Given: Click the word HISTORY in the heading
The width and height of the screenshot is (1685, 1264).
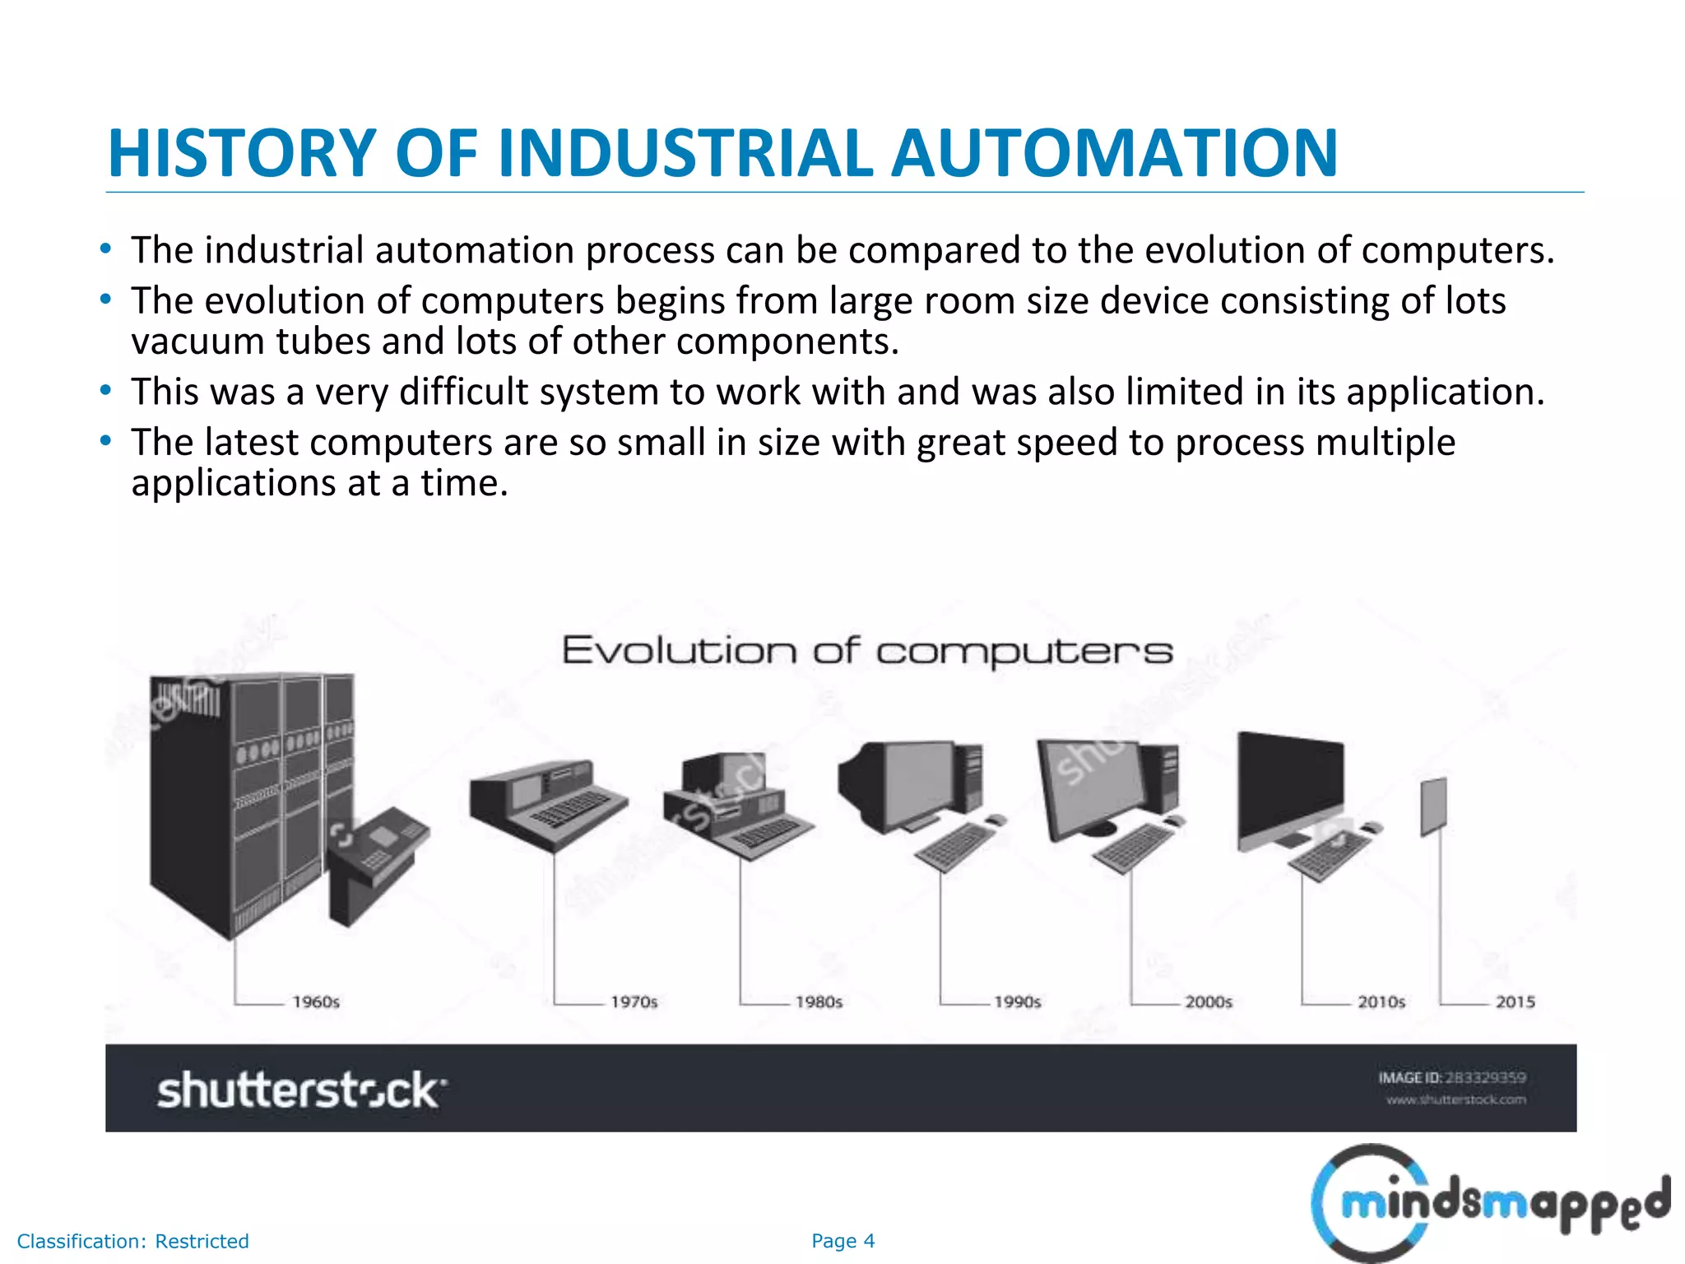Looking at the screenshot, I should click(242, 154).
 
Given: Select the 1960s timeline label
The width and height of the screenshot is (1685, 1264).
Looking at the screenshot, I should click(316, 1001).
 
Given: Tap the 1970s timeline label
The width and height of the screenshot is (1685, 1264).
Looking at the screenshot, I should click(634, 1001).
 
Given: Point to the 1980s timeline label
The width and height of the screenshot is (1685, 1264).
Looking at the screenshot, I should click(819, 1001).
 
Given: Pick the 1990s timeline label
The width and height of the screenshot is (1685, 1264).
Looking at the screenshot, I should click(1017, 1001).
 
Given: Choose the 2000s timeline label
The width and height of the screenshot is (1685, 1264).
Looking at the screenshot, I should click(1208, 1001).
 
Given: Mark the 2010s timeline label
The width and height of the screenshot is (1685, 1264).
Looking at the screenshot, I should click(1381, 1001).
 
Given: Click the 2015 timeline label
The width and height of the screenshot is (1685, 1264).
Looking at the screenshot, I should click(1515, 1001).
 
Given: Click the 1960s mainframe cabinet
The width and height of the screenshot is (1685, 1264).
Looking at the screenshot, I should click(247, 798).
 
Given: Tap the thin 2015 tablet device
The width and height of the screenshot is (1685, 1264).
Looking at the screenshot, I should click(1433, 806).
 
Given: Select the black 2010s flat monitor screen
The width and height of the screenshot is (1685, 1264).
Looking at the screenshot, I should click(1289, 786).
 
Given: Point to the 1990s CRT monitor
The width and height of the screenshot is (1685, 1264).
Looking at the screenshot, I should click(897, 782).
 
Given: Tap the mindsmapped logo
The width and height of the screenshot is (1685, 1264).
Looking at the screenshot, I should click(1489, 1204).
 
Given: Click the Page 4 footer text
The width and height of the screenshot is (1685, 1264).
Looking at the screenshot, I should click(842, 1241).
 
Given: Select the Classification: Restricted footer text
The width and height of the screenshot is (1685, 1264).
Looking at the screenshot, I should click(132, 1241).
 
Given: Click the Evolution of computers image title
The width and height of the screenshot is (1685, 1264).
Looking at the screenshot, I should click(866, 651).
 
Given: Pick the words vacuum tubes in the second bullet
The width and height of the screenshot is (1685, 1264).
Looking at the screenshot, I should click(251, 342).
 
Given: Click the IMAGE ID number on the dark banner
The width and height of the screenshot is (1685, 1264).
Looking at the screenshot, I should click(1485, 1077).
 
